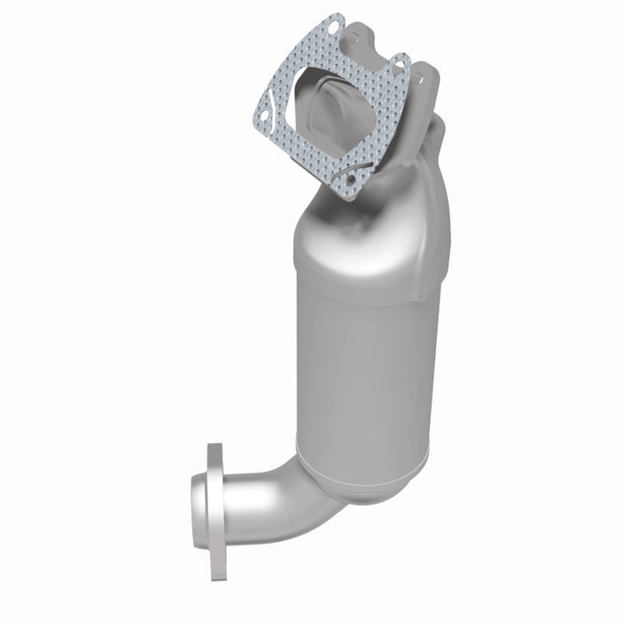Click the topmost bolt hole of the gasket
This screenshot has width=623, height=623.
pos(333,28)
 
